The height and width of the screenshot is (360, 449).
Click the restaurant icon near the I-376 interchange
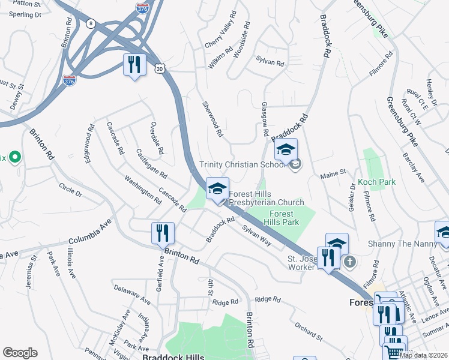click(134, 65)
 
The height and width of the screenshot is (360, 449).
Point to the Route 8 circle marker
click(90, 23)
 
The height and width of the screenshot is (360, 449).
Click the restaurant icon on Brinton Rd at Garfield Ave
click(163, 232)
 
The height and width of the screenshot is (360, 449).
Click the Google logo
click(20, 353)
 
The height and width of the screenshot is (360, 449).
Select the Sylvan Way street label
click(256, 234)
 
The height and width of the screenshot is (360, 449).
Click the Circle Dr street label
click(70, 189)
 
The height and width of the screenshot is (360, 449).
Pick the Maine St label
click(333, 173)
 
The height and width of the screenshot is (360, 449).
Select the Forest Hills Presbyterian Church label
click(266, 198)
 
